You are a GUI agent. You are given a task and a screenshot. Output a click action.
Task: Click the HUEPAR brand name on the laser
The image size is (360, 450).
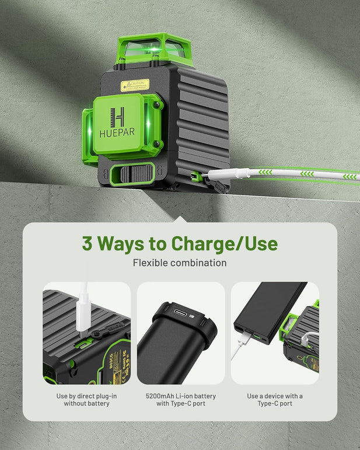click(x=121, y=132)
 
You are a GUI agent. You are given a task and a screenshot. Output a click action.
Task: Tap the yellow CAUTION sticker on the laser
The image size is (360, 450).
click(x=135, y=85)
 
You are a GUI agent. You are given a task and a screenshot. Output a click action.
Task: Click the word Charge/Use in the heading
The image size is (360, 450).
click(x=224, y=243)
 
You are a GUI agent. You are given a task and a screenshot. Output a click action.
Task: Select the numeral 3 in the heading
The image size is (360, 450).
click(x=88, y=243)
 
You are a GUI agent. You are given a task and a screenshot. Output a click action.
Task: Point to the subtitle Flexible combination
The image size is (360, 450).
click(x=180, y=263)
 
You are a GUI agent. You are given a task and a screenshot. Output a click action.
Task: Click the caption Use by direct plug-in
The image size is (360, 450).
click(x=86, y=396)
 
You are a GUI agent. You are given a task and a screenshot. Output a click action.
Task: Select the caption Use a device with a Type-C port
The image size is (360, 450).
click(x=275, y=400)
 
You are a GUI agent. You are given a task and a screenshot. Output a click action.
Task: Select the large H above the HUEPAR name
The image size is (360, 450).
click(x=117, y=116)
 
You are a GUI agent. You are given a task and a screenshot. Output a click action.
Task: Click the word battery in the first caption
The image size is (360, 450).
click(x=105, y=403)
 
